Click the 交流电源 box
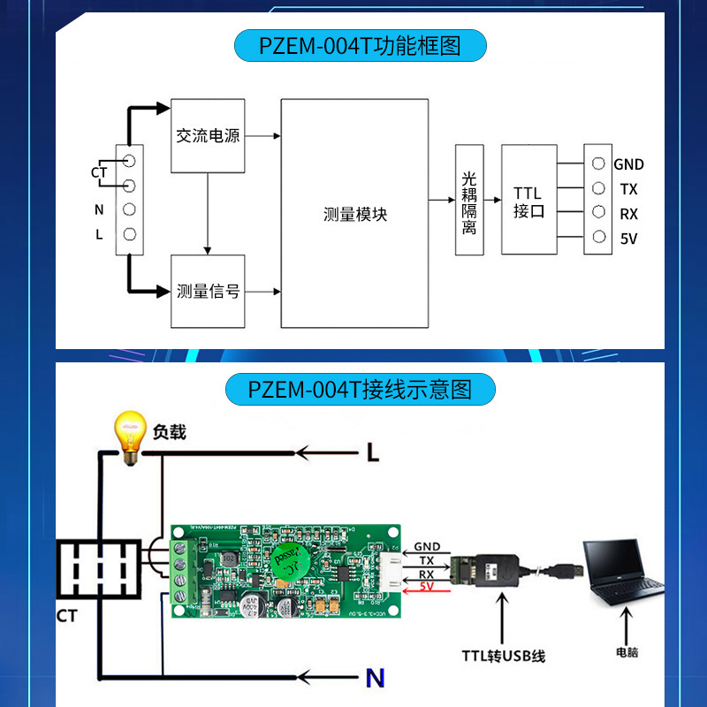(x=208, y=136)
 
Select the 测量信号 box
(x=208, y=291)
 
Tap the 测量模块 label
(x=355, y=215)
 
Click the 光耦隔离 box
(x=469, y=200)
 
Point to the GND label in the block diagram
(x=628, y=164)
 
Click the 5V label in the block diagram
(x=628, y=239)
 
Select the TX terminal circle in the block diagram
(x=598, y=188)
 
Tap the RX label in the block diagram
(x=628, y=214)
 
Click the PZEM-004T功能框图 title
(x=360, y=45)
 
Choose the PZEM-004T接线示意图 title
(x=360, y=389)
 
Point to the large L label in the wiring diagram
(x=373, y=453)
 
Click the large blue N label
(x=375, y=679)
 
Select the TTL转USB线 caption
(x=503, y=656)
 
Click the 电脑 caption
(x=627, y=653)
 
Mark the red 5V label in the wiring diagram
(x=426, y=586)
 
